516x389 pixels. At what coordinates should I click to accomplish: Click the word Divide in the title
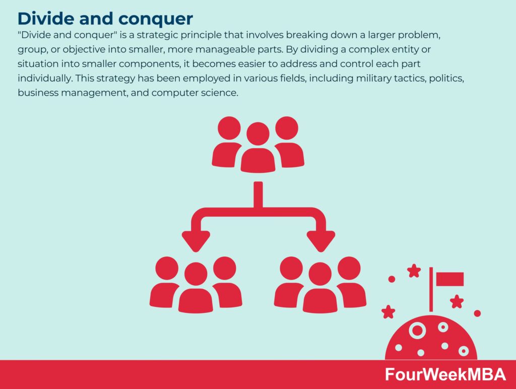(x=45, y=19)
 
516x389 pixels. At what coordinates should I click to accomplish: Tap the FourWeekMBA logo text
(x=445, y=374)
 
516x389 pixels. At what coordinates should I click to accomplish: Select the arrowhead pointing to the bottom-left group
(x=196, y=241)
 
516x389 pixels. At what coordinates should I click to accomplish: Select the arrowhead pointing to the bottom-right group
(x=321, y=241)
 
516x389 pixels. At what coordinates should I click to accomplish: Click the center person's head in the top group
(x=258, y=134)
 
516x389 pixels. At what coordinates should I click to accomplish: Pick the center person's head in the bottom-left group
(x=196, y=274)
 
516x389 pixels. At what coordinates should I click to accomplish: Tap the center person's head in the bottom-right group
(x=320, y=274)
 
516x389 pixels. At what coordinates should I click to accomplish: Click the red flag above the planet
(x=450, y=279)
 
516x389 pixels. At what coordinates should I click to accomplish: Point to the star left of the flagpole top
(x=414, y=271)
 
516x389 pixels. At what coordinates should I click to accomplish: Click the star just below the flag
(x=457, y=301)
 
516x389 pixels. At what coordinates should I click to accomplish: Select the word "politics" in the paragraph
(x=446, y=78)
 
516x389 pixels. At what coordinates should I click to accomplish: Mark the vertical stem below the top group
(x=259, y=195)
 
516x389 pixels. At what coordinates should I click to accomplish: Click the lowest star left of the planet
(x=389, y=312)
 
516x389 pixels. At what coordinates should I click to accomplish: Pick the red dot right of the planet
(x=477, y=313)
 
